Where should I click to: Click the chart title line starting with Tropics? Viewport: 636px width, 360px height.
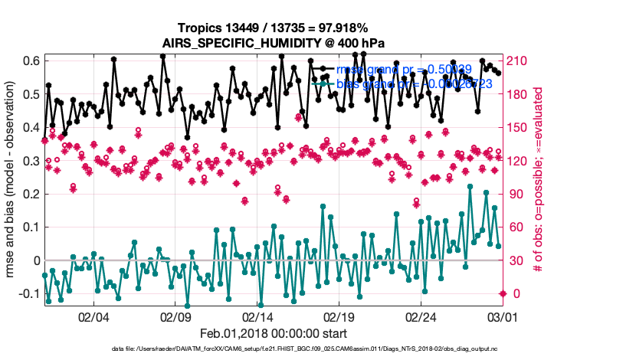273,28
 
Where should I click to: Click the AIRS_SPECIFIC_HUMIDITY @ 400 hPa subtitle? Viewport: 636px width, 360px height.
273,43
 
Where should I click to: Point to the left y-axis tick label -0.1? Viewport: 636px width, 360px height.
29,293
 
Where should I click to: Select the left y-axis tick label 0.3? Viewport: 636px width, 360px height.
31,161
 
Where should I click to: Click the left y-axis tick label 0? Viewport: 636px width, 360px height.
36,260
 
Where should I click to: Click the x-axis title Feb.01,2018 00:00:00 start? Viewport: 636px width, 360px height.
273,333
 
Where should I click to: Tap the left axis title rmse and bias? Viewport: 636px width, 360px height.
14,182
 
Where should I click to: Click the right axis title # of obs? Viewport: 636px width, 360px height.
539,182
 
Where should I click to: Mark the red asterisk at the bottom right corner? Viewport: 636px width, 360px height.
503,293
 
